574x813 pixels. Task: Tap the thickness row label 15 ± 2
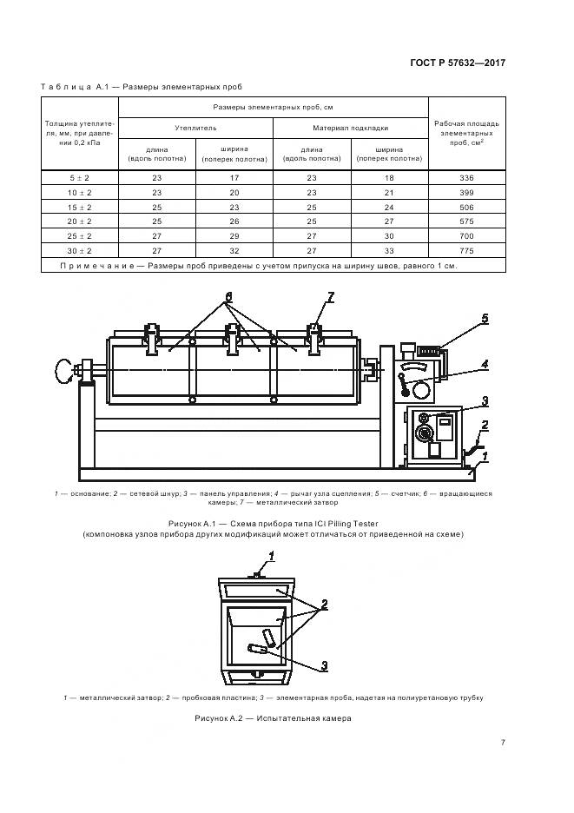tap(79, 207)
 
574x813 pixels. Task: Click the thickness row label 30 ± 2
tap(79, 250)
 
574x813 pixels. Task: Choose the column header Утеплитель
tap(195, 128)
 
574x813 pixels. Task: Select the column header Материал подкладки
tap(350, 128)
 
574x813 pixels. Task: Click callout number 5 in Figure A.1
tap(485, 319)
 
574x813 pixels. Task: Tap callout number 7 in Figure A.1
tap(331, 298)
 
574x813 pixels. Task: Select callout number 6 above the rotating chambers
tap(228, 296)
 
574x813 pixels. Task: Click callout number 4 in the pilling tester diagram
tap(485, 363)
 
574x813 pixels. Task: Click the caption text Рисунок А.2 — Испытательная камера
tap(273, 718)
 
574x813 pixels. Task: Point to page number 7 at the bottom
tap(503, 742)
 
